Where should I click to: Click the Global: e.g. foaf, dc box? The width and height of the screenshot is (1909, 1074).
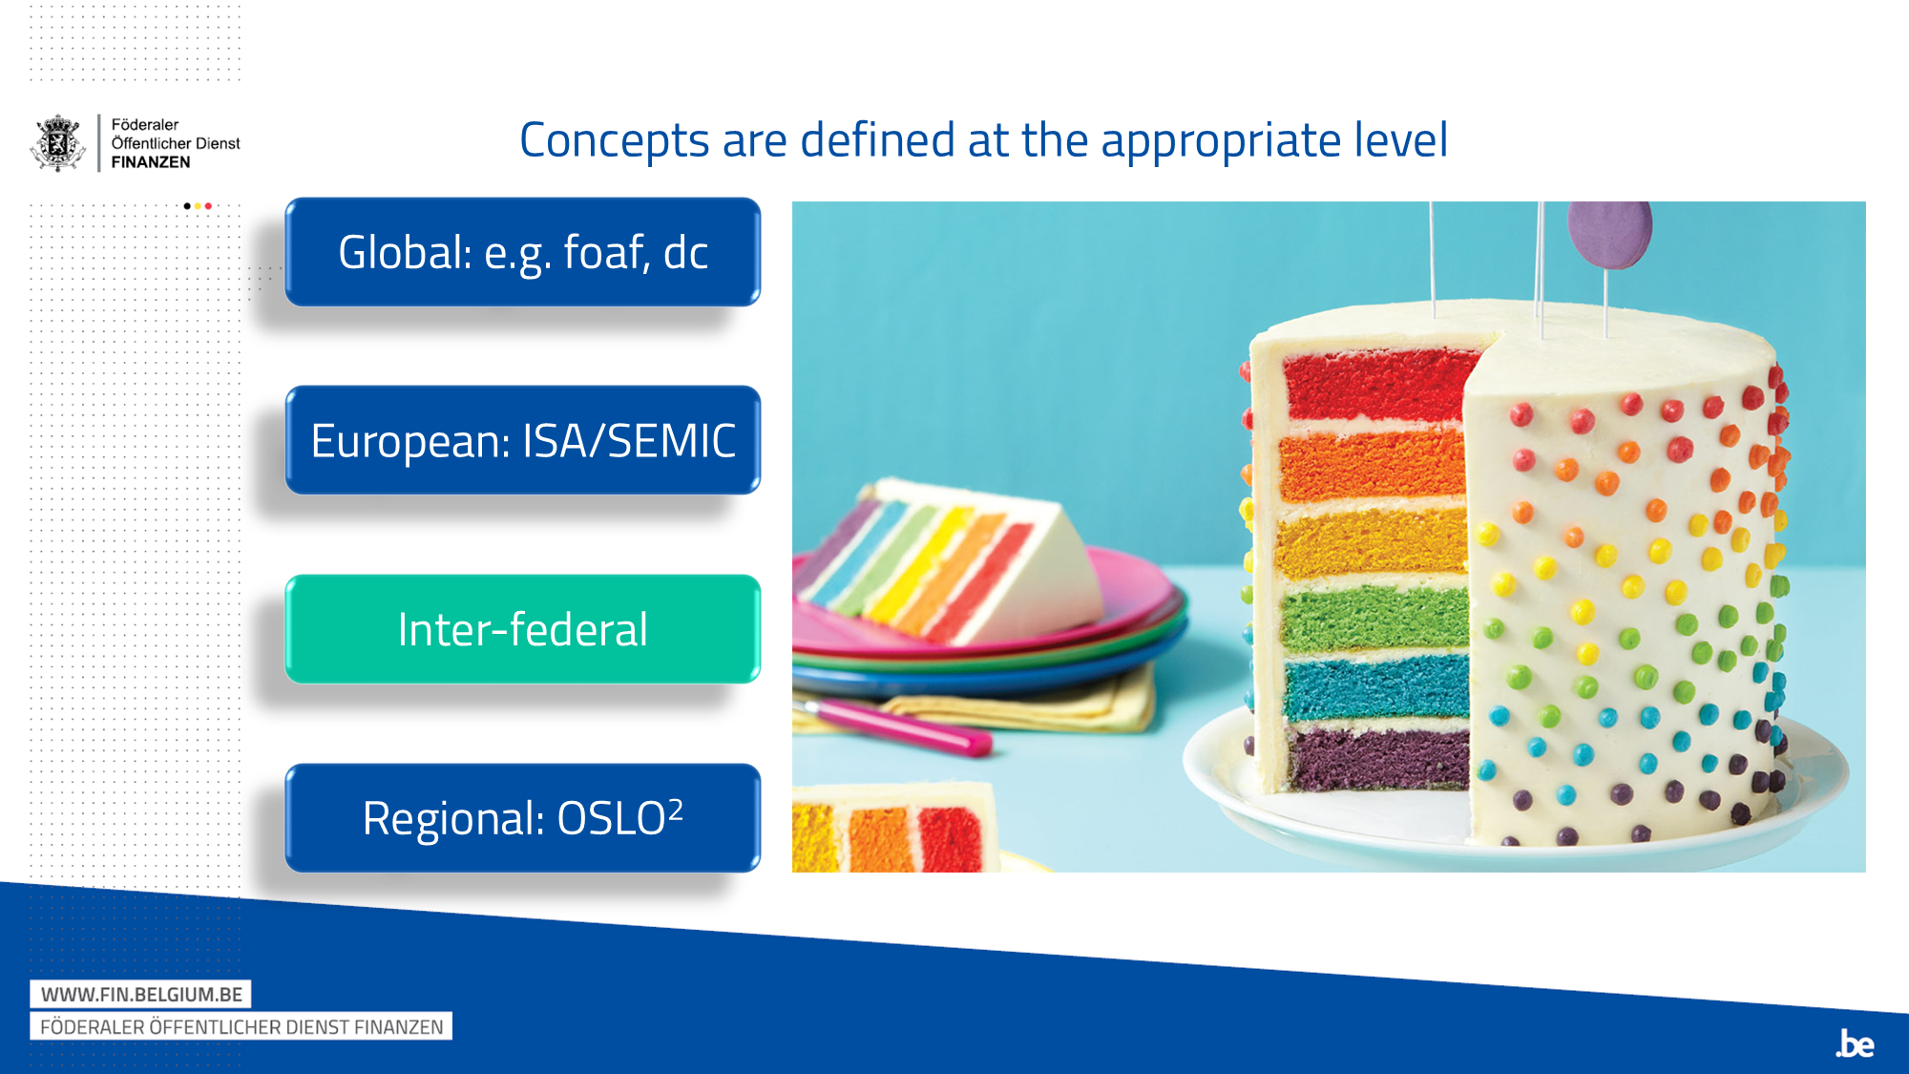point(522,252)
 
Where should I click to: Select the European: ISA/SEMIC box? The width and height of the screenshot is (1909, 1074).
point(522,440)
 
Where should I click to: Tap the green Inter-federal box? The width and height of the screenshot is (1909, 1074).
point(522,629)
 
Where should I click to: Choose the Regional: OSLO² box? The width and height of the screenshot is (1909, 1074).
point(522,818)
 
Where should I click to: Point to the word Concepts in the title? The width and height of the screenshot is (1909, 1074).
point(614,141)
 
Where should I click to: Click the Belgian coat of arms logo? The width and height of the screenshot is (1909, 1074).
point(58,143)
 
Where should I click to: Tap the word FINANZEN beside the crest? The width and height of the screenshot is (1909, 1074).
point(151,162)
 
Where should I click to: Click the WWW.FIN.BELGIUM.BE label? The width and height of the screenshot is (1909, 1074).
point(141,994)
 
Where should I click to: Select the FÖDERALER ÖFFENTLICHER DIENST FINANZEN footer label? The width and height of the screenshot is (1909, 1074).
point(241,1027)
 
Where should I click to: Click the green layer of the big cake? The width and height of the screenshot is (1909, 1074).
point(1374,618)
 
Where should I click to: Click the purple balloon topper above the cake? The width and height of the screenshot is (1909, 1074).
point(1609,232)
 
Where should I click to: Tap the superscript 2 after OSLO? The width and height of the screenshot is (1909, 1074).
point(676,809)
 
